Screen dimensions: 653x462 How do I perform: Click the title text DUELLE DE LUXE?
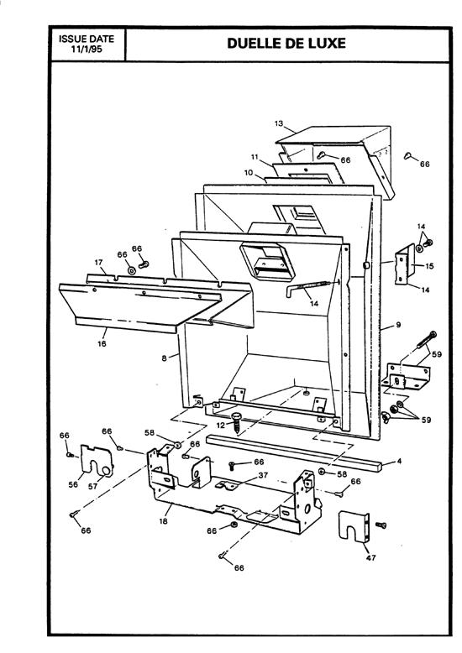point(286,44)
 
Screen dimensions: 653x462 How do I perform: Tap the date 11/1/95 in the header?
point(87,50)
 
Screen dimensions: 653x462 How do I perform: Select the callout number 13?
point(278,123)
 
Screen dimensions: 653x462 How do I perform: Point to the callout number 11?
point(254,157)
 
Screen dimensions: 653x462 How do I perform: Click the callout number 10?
point(249,172)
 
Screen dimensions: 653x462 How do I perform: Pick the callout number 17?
point(98,263)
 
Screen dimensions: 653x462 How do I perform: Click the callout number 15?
point(429,266)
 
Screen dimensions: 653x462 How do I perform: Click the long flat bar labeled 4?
point(294,452)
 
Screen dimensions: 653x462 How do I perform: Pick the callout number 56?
point(72,484)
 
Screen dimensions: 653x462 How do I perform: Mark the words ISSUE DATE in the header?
point(87,39)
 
